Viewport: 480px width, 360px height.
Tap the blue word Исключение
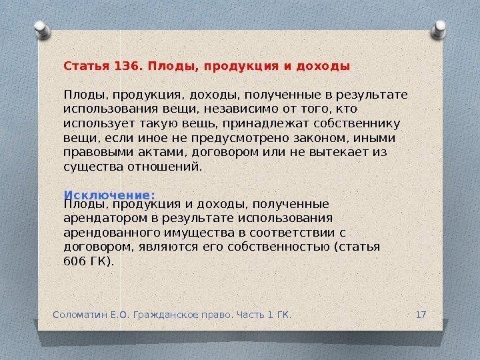coord(109,195)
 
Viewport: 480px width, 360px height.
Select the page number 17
coord(421,313)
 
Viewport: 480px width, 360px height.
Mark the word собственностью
coord(284,247)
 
